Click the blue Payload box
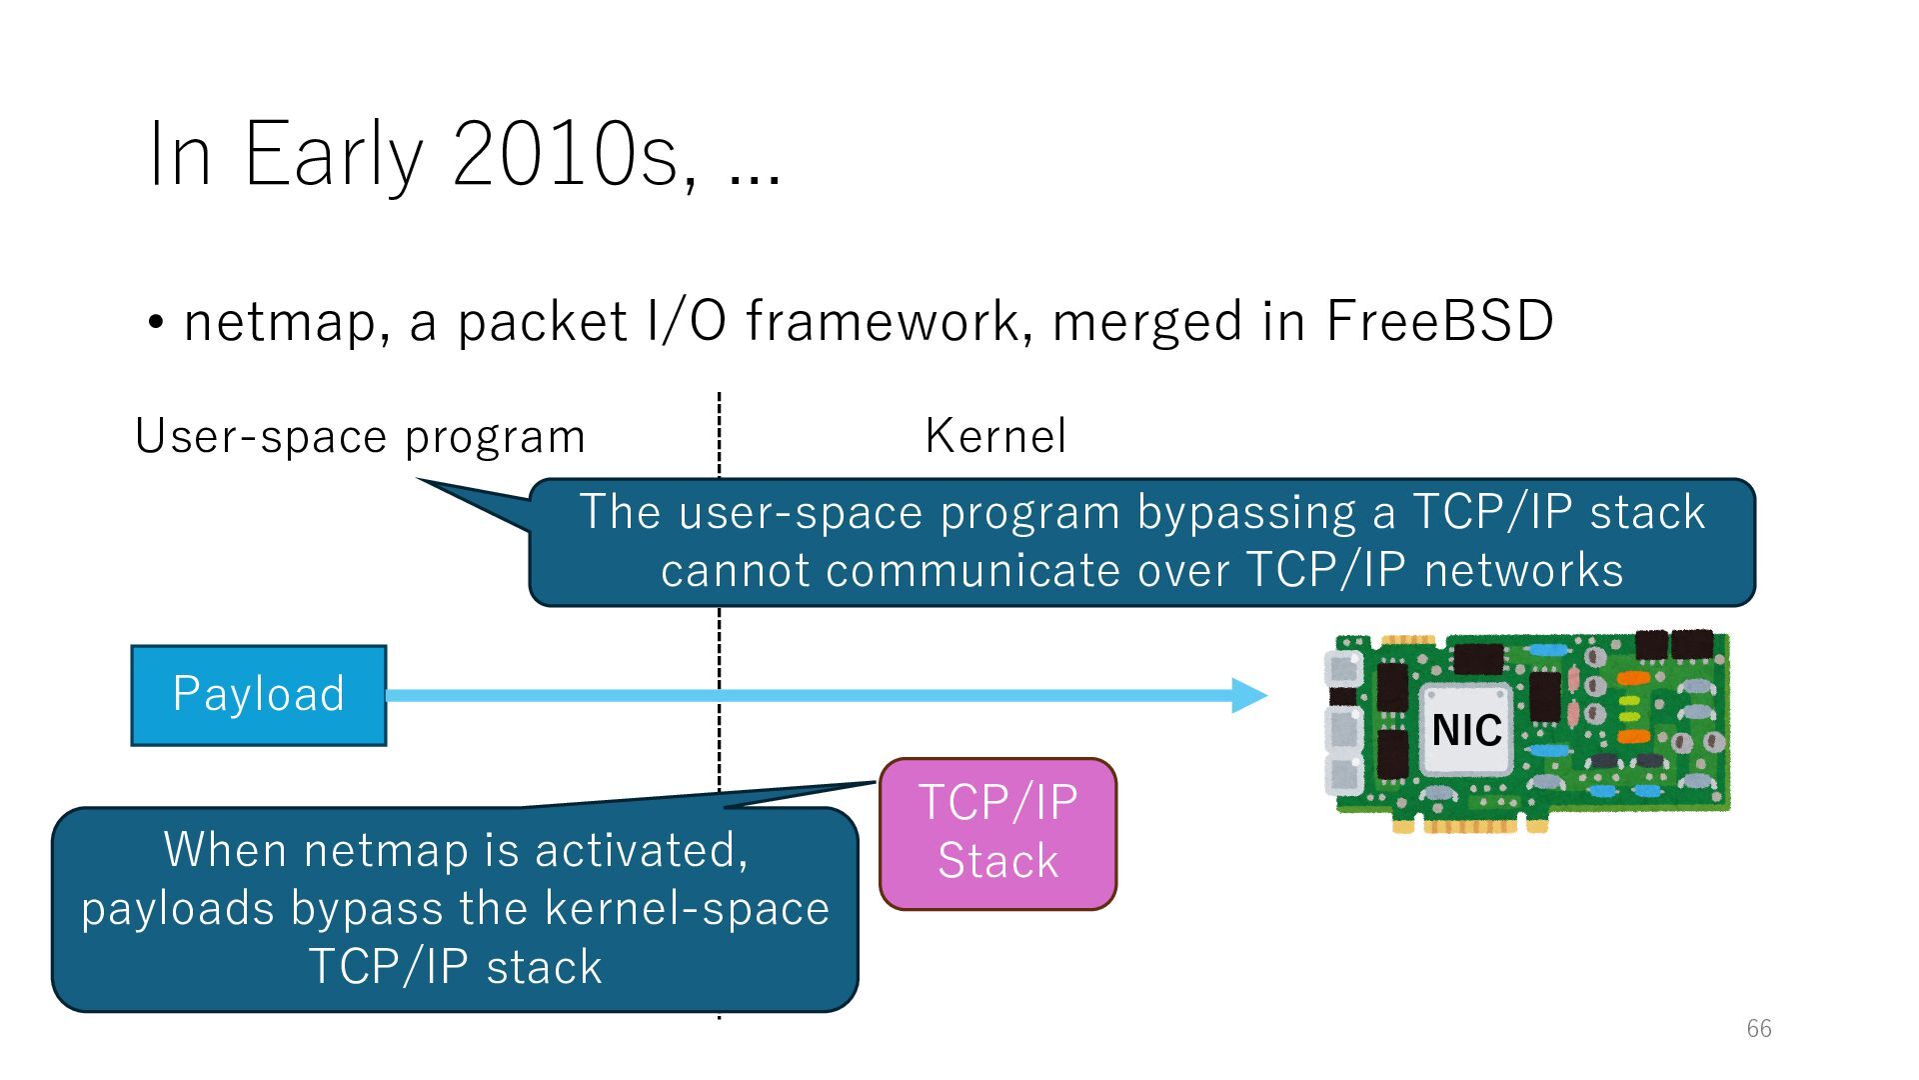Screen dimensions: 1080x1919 pyautogui.click(x=258, y=695)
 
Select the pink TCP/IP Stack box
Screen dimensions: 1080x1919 pyautogui.click(x=997, y=833)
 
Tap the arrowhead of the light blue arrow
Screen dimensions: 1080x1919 pyautogui.click(x=1249, y=695)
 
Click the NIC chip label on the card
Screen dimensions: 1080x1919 pyautogui.click(x=1466, y=730)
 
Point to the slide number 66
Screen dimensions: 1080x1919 pyautogui.click(x=1759, y=1028)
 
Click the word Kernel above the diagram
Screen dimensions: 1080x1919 pyautogui.click(x=995, y=436)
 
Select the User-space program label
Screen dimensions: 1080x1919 pyautogui.click(x=360, y=437)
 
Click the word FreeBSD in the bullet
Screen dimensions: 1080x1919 pyautogui.click(x=1439, y=322)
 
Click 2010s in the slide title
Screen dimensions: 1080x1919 pyautogui.click(x=565, y=155)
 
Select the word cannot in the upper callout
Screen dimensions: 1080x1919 pyautogui.click(x=735, y=571)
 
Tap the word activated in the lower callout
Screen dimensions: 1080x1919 pyautogui.click(x=641, y=851)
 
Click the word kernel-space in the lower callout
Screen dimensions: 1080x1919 pyautogui.click(x=687, y=909)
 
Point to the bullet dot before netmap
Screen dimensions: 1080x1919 pyautogui.click(x=156, y=323)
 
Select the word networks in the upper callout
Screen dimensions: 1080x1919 pyautogui.click(x=1523, y=571)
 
